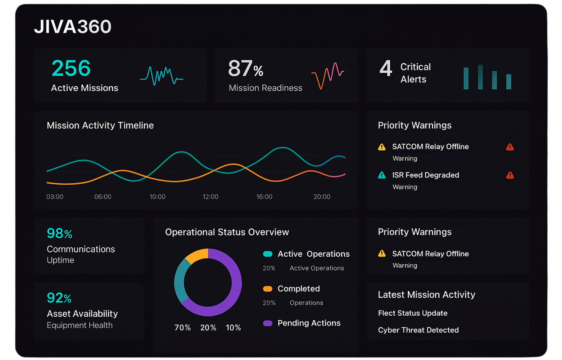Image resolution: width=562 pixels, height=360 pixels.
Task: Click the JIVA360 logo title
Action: [x=73, y=27]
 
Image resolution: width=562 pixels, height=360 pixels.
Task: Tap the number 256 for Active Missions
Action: [x=71, y=68]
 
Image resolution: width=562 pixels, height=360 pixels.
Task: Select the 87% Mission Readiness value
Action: [x=246, y=68]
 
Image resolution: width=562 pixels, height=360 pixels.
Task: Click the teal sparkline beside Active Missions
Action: [x=162, y=76]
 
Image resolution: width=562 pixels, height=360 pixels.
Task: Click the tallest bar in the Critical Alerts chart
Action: [x=480, y=77]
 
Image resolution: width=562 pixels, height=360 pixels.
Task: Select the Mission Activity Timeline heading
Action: [x=100, y=125]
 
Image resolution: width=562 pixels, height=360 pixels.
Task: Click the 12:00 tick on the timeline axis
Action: [x=210, y=197]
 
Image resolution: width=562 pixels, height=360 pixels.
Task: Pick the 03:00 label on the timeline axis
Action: [x=55, y=197]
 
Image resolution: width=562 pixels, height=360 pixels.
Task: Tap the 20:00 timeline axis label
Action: [x=322, y=197]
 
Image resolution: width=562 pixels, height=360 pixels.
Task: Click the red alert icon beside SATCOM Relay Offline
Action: [x=510, y=147]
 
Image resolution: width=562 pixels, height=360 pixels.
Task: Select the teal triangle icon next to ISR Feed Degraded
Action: [x=382, y=175]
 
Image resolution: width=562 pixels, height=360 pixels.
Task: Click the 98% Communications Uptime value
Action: [x=59, y=234]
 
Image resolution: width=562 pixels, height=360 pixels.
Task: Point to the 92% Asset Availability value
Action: [x=59, y=298]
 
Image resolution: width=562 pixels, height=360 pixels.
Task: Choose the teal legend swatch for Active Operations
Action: [x=268, y=254]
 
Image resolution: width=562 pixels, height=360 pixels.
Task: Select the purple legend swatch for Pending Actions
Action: [x=268, y=323]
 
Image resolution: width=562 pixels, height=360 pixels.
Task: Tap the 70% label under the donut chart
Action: [x=182, y=328]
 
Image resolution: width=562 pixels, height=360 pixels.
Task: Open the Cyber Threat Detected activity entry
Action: [x=418, y=330]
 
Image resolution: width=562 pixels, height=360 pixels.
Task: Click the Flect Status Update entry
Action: [x=413, y=313]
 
